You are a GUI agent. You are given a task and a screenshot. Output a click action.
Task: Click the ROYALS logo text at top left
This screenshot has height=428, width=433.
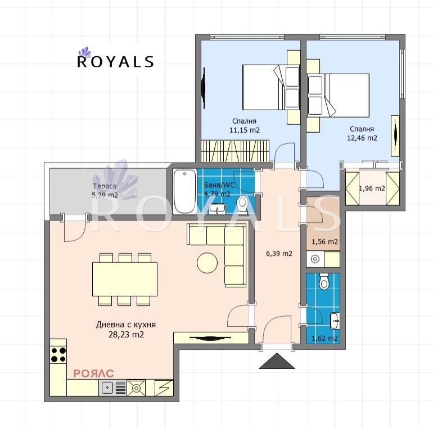click(115, 61)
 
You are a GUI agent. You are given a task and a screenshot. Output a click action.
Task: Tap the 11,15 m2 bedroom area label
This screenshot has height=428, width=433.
click(243, 130)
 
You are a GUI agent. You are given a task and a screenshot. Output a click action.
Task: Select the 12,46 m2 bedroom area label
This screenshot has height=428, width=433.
click(362, 137)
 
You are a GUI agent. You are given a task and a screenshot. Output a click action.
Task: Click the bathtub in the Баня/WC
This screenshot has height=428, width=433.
click(183, 191)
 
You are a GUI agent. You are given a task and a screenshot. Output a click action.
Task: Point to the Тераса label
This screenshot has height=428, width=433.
click(105, 186)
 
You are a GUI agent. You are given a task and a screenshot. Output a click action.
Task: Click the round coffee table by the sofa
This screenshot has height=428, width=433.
click(206, 262)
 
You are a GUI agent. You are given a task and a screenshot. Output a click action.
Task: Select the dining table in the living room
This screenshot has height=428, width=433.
click(125, 280)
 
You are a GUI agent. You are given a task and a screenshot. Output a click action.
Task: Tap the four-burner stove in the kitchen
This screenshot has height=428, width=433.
click(58, 354)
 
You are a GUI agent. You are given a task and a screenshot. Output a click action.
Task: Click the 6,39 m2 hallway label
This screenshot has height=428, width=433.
click(279, 253)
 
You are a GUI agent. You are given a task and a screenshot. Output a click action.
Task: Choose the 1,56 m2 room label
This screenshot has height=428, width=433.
click(324, 242)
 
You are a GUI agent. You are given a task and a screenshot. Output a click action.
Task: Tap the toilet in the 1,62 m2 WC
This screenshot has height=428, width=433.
click(324, 281)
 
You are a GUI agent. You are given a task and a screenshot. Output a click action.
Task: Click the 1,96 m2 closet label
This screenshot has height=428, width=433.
click(372, 188)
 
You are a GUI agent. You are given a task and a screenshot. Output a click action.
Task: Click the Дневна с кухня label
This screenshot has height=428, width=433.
click(126, 325)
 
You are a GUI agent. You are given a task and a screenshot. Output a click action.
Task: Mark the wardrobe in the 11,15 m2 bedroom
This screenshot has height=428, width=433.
click(236, 151)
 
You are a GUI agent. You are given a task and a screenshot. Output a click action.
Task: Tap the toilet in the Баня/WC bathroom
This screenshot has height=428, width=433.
click(243, 204)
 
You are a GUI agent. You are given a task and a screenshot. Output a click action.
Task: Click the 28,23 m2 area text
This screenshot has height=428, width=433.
click(126, 334)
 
